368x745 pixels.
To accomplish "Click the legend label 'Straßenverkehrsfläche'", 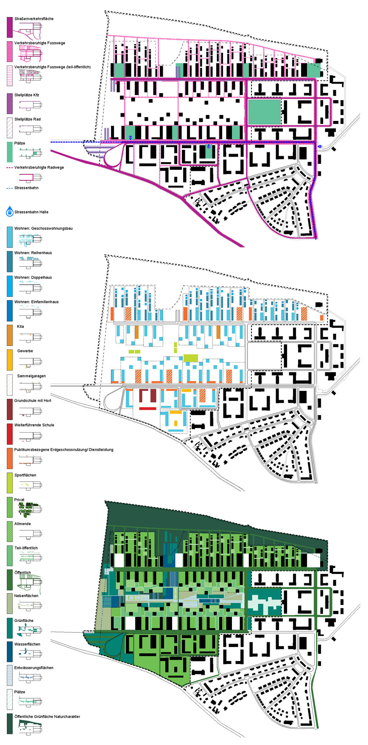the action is [x=34, y=19].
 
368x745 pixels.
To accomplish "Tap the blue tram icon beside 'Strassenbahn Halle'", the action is [x=10, y=211].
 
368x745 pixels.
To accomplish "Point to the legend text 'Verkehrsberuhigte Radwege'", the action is [x=39, y=168].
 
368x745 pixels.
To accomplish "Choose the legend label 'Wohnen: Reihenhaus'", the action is [x=33, y=253].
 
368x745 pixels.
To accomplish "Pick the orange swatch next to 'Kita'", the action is [x=10, y=335].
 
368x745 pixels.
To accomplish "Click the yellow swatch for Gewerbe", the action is [x=10, y=360].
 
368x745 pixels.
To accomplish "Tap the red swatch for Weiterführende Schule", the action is [x=10, y=433].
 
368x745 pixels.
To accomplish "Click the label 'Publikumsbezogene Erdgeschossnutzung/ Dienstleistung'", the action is [x=64, y=450].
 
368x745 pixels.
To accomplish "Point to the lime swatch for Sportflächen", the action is [x=10, y=483].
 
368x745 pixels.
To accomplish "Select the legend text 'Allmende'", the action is [x=22, y=524].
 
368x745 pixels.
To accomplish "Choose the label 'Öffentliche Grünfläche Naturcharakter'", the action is [x=47, y=717].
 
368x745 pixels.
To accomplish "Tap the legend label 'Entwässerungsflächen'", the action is [x=34, y=668].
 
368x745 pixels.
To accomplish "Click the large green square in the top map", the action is [x=264, y=112].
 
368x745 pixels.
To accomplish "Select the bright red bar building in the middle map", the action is [x=148, y=408].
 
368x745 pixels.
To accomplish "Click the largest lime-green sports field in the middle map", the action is [x=190, y=357].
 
